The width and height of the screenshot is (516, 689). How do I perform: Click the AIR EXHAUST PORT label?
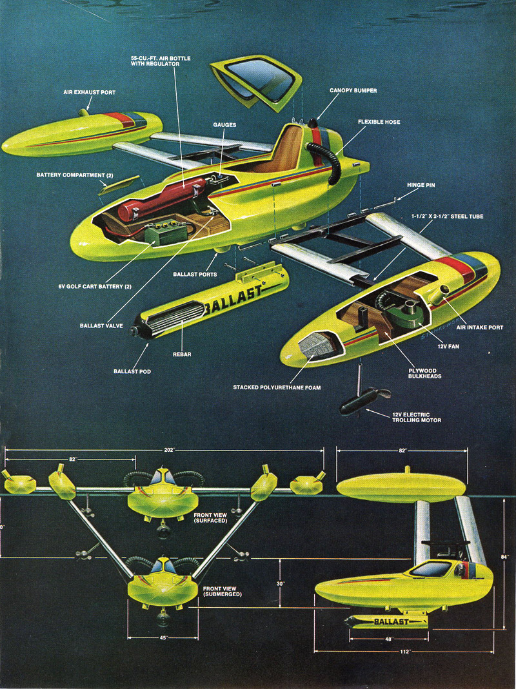(90, 92)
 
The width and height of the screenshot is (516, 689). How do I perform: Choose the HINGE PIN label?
(421, 185)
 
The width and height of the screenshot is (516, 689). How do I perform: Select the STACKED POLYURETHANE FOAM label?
(277, 387)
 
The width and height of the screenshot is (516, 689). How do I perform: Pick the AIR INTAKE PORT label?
(479, 327)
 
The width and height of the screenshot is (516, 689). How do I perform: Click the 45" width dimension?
(163, 637)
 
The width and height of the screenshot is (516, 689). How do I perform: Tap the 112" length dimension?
(405, 651)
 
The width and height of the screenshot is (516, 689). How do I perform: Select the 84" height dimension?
(504, 556)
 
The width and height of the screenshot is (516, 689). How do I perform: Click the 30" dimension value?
(280, 584)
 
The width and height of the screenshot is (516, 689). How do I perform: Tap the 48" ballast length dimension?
(389, 639)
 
